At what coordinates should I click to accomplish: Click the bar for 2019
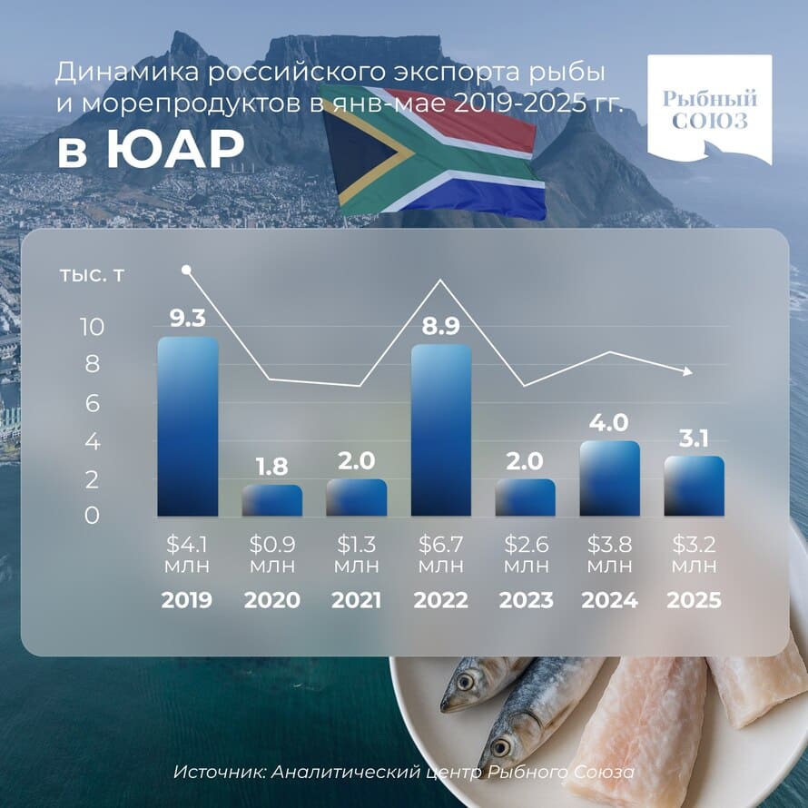coord(188,427)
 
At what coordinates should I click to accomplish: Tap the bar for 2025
coord(695,486)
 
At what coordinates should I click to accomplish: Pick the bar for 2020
coord(272,500)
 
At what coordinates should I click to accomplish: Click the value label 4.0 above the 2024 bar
coord(610,423)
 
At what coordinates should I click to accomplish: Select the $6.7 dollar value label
coord(441,547)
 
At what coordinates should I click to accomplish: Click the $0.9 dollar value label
coord(272,547)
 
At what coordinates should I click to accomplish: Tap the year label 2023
coord(526,600)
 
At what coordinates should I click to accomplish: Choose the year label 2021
coord(357,600)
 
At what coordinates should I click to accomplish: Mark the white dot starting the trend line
coord(186,270)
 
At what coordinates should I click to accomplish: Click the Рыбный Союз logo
coord(709,110)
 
